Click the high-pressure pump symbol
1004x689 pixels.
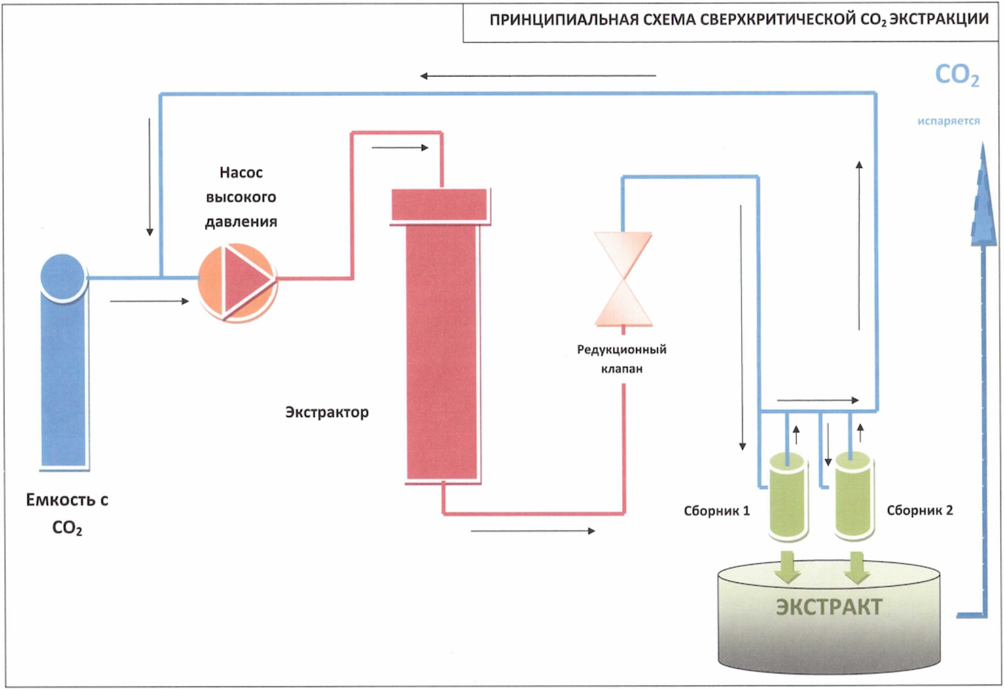[237, 282]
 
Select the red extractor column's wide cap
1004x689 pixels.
[439, 205]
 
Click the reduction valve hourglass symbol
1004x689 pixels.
[623, 279]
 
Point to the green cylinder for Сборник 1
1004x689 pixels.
[787, 497]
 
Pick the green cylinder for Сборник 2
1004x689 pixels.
[854, 497]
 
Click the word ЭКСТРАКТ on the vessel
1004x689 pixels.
[829, 607]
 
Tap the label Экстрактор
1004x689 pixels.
[327, 412]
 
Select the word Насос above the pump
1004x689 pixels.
[241, 173]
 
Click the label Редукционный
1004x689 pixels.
[622, 349]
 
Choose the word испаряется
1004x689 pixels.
[948, 121]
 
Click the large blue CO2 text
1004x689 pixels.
[956, 76]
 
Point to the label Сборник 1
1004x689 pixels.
[717, 511]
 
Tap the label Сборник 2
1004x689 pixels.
[920, 510]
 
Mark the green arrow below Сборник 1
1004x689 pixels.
[787, 567]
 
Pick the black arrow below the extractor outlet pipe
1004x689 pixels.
[533, 531]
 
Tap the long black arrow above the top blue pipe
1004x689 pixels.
[537, 76]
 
